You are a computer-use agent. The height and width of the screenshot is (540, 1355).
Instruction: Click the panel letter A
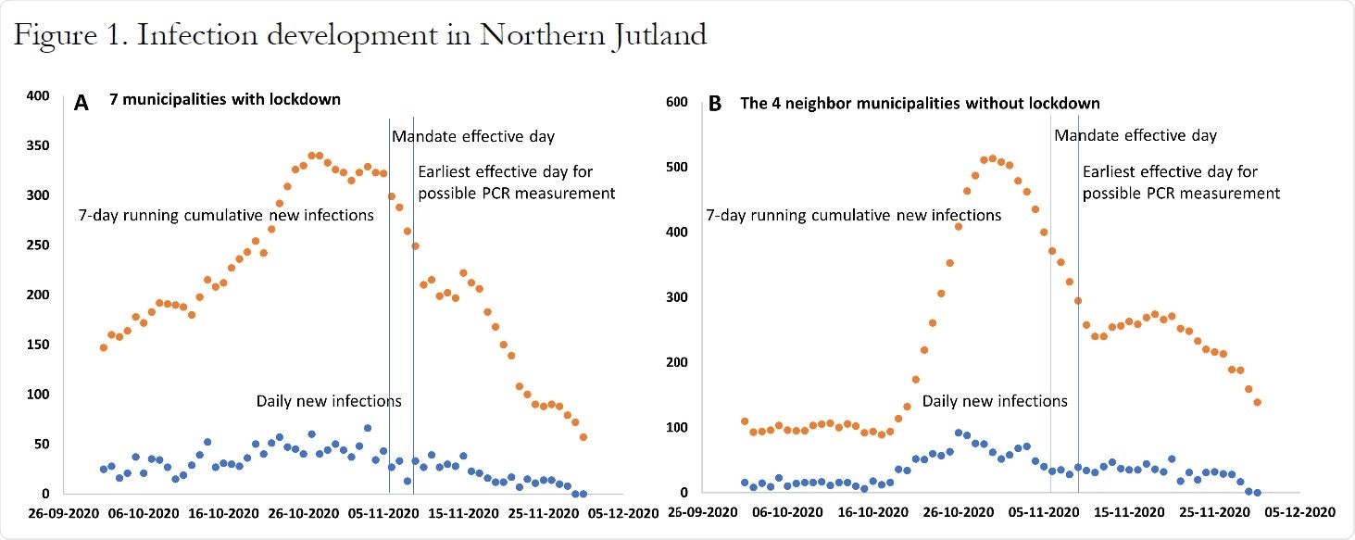click(x=82, y=103)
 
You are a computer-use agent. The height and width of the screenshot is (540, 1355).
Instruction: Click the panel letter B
click(x=715, y=104)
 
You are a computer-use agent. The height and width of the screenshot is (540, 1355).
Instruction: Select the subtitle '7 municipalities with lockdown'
click(x=225, y=99)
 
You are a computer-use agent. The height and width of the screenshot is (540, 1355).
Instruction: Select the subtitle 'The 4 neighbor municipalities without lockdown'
click(x=920, y=103)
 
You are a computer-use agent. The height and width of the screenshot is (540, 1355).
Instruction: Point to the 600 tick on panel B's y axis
click(x=677, y=102)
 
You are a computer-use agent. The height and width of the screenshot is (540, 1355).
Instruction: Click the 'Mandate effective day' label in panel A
click(x=472, y=137)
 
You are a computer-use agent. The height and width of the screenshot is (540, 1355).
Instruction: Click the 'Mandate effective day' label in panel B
click(x=1135, y=135)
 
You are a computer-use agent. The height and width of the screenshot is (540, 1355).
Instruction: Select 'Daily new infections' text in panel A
click(x=329, y=401)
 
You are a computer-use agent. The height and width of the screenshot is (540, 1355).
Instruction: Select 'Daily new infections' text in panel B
click(x=994, y=401)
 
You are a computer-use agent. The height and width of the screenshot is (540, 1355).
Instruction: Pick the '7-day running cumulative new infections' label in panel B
click(x=853, y=215)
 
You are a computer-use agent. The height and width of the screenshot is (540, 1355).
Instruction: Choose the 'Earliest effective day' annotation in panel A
click(x=516, y=182)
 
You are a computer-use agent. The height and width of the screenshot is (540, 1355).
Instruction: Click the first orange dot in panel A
click(x=104, y=347)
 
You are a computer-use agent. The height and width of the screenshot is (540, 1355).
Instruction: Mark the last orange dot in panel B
click(x=1257, y=402)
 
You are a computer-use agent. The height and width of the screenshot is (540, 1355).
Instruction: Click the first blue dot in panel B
click(x=744, y=483)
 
